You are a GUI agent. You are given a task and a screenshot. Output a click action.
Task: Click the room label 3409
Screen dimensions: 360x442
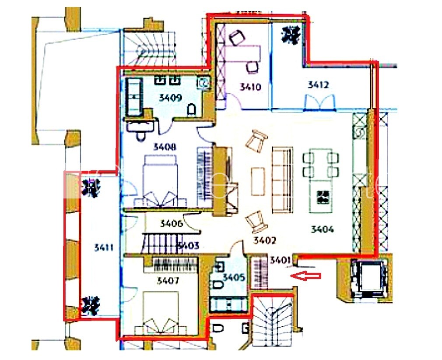point(170,98)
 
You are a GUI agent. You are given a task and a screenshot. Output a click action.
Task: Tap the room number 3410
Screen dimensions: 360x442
point(250,87)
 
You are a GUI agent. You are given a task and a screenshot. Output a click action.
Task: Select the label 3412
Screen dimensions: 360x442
point(318,85)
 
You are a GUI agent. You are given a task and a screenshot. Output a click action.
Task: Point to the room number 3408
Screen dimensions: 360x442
point(165,148)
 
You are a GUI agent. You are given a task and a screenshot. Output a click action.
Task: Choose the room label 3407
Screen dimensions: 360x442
point(168,281)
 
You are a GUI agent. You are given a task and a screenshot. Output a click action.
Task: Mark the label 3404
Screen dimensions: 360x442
point(323,229)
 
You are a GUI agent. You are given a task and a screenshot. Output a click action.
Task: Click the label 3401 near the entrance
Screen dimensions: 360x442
point(280,261)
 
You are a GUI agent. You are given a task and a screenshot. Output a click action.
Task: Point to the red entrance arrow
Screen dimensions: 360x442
point(307,276)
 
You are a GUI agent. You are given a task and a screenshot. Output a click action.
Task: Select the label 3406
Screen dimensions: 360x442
point(171,224)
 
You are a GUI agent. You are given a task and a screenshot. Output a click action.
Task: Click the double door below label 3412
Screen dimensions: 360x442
point(320,102)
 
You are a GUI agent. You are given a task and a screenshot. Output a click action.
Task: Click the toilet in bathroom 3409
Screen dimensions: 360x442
point(191,109)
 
